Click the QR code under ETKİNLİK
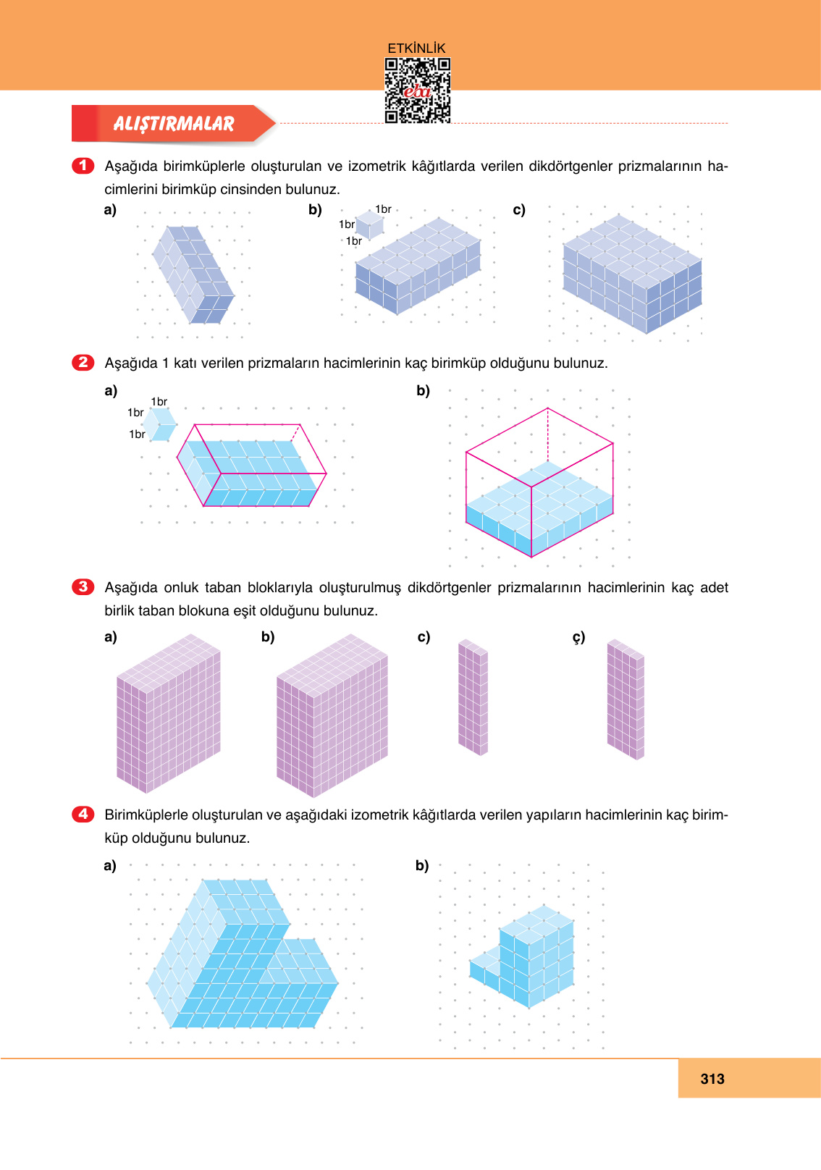click(x=417, y=91)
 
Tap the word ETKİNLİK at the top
click(x=416, y=48)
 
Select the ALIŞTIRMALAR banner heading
click(x=174, y=124)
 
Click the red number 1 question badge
click(x=83, y=166)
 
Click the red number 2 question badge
click(x=83, y=362)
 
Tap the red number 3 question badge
click(x=83, y=586)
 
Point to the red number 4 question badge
click(x=83, y=814)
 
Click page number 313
click(x=712, y=1079)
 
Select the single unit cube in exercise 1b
click(x=369, y=225)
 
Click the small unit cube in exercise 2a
click(x=159, y=424)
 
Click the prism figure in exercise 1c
click(x=632, y=274)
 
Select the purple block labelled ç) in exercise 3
click(x=626, y=699)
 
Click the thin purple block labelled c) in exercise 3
click(x=473, y=697)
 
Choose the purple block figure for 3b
click(x=332, y=715)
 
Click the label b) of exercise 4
click(x=422, y=865)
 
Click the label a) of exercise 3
click(x=110, y=637)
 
